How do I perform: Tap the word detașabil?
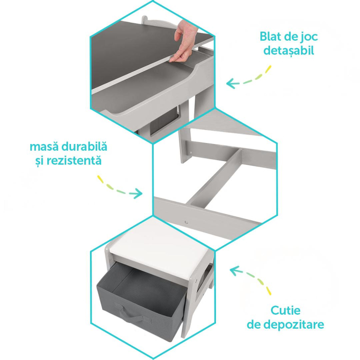pos(287,50)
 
